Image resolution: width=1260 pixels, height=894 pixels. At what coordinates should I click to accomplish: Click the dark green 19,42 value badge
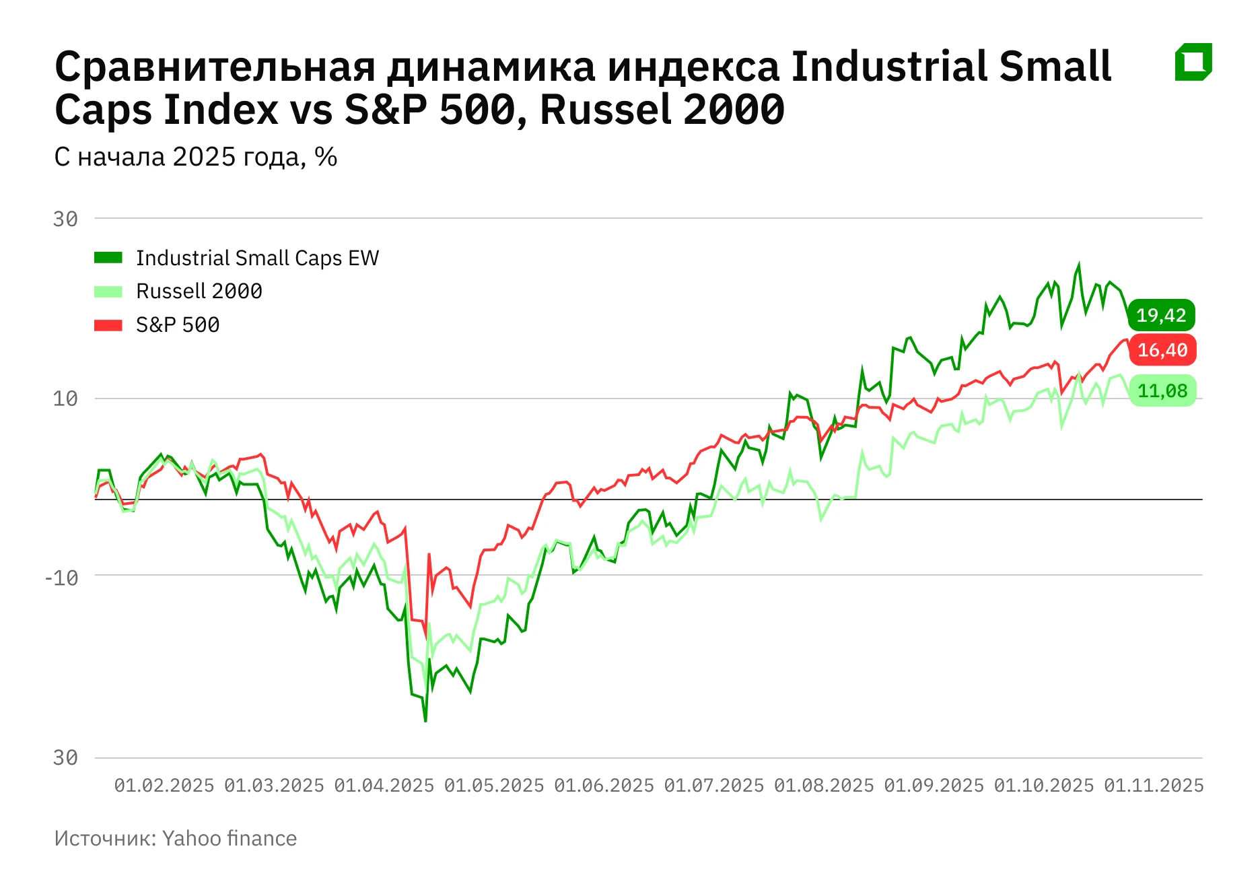[1161, 315]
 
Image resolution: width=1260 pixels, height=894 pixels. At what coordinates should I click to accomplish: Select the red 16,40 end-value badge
[1162, 350]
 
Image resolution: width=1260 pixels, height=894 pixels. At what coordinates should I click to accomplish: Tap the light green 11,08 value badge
[1162, 391]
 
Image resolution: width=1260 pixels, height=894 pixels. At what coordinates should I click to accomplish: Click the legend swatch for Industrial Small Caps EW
[108, 258]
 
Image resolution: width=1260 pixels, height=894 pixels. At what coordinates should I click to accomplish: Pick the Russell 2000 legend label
[199, 291]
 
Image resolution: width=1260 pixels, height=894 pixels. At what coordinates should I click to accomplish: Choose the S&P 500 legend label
[178, 325]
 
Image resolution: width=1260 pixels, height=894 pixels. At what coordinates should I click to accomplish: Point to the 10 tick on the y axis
[65, 399]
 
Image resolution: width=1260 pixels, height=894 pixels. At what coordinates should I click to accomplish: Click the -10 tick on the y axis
[61, 578]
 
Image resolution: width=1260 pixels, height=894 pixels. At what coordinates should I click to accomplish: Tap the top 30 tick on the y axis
[65, 219]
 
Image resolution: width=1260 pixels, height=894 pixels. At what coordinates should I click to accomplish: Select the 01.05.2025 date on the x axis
[493, 786]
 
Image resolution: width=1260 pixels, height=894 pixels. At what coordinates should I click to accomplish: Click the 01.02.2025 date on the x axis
[164, 786]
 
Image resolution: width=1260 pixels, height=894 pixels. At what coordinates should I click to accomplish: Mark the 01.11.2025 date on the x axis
[1153, 786]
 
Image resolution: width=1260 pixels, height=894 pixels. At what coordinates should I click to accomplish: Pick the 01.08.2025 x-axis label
[823, 786]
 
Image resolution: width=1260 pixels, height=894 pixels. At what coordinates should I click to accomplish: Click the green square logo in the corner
[1193, 62]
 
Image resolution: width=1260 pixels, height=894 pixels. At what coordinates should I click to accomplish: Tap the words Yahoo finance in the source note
[229, 838]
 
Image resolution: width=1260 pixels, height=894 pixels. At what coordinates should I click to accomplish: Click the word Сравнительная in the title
[214, 67]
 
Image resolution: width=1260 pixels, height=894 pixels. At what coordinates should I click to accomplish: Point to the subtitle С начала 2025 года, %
[195, 157]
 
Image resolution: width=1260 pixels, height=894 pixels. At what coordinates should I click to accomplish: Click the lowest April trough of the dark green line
[425, 721]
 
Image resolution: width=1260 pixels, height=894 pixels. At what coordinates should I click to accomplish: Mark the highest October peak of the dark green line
[1079, 265]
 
